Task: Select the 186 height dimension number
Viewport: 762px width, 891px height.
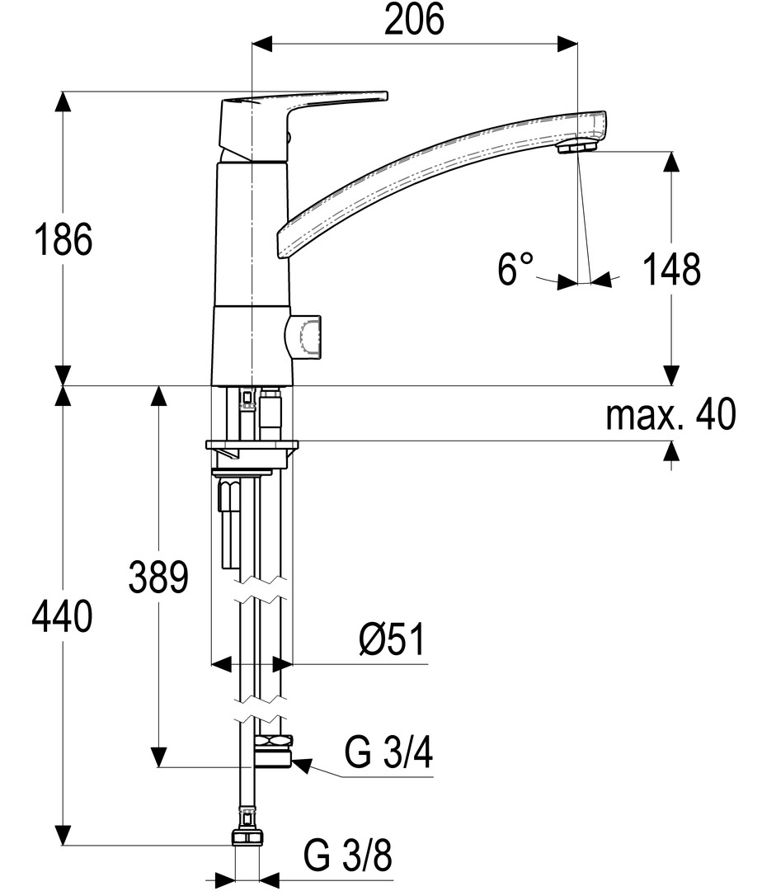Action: click(63, 240)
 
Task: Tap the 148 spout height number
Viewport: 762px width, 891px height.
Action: click(671, 269)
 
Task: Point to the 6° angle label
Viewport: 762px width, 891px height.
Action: click(515, 269)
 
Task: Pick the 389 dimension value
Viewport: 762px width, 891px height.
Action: click(158, 577)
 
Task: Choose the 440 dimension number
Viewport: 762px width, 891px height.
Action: click(62, 616)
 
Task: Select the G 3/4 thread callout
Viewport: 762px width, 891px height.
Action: click(388, 752)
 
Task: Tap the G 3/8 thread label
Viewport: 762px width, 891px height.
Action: click(347, 856)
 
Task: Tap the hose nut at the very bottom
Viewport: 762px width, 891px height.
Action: click(247, 837)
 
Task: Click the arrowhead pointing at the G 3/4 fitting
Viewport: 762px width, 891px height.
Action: click(302, 765)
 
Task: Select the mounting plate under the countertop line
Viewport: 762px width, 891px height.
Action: click(252, 446)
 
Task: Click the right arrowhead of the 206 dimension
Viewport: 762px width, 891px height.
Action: click(567, 44)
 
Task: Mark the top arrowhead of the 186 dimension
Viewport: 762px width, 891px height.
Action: click(63, 102)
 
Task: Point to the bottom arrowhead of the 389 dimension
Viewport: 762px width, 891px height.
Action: click(159, 757)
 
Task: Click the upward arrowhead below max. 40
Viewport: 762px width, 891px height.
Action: click(671, 452)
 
